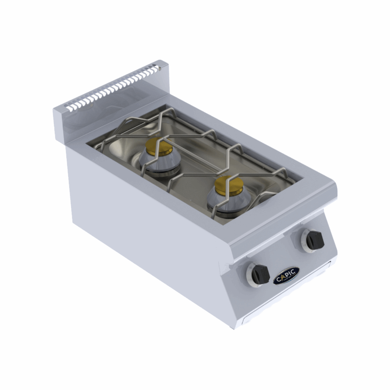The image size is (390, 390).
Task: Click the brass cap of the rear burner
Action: (159, 147)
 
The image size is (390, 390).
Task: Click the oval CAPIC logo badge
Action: (286, 276)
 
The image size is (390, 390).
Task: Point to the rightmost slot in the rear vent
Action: (155, 68)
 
